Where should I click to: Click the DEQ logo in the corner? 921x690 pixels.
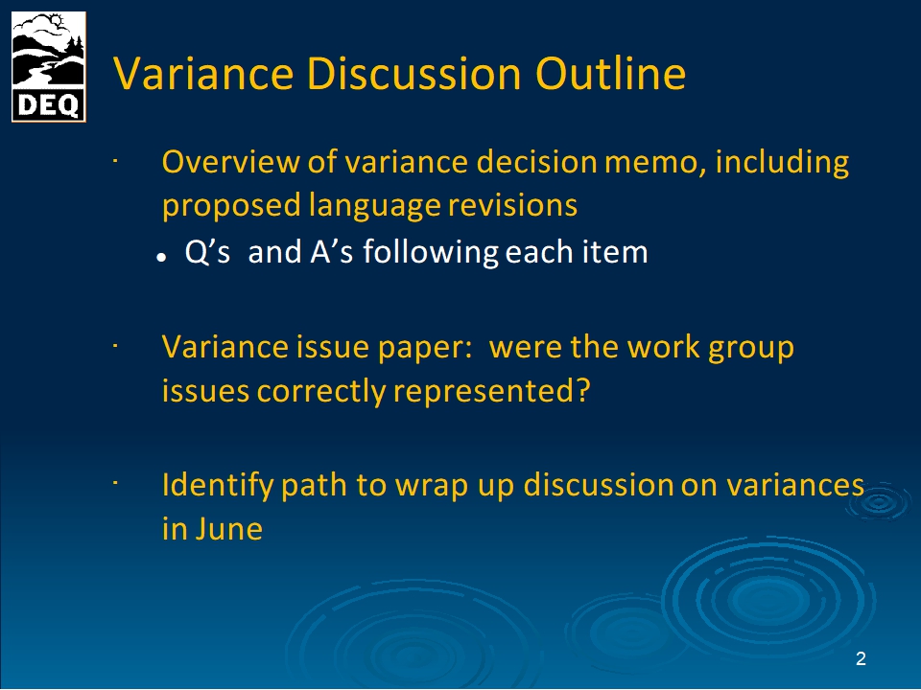click(x=49, y=67)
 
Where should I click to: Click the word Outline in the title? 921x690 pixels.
click(x=610, y=74)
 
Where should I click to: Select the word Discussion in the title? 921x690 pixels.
click(x=413, y=74)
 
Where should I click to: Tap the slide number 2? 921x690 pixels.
click(x=861, y=658)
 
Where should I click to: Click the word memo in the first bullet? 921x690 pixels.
click(x=655, y=163)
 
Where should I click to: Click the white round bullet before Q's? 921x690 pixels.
click(x=161, y=258)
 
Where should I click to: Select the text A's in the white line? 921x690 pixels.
click(x=332, y=252)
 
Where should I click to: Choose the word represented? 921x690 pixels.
click(x=491, y=391)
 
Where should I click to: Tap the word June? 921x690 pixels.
click(x=229, y=529)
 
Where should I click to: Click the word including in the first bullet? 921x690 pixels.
click(x=782, y=163)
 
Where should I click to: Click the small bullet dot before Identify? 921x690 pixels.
click(x=116, y=483)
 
